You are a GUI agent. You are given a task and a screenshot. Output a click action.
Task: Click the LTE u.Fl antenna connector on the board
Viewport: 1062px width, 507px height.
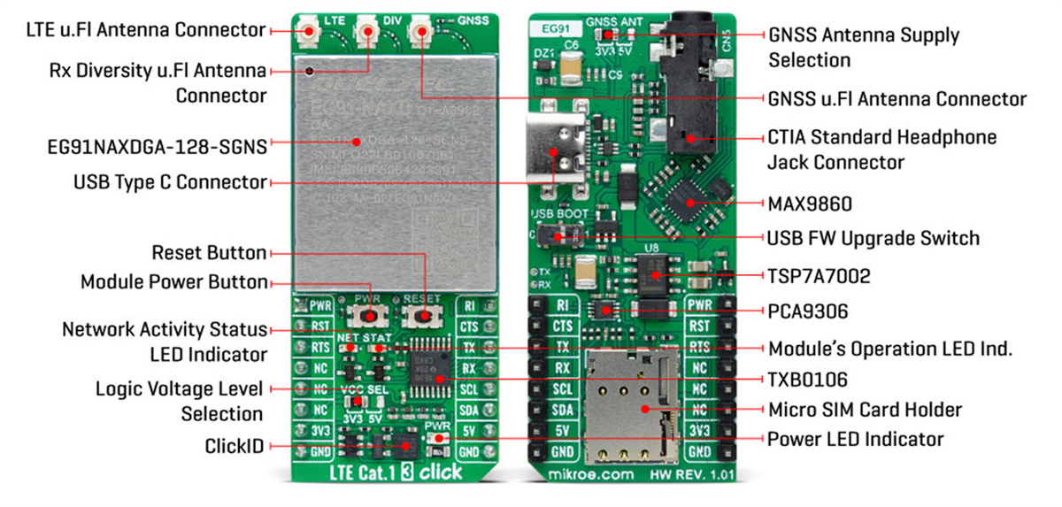310,32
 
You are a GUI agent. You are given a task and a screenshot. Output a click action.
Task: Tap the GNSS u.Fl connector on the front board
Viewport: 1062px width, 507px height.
419,32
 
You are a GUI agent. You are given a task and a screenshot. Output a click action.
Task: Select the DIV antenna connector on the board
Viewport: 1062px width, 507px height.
366,32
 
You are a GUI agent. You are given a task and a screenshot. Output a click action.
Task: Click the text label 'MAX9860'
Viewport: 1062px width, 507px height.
809,204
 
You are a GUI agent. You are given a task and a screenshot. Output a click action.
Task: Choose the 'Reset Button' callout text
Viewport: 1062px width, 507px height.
209,253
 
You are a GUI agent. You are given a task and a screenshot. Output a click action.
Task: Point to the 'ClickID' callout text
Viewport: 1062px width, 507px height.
234,446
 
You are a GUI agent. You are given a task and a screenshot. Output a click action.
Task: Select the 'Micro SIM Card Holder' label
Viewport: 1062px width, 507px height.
864,410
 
